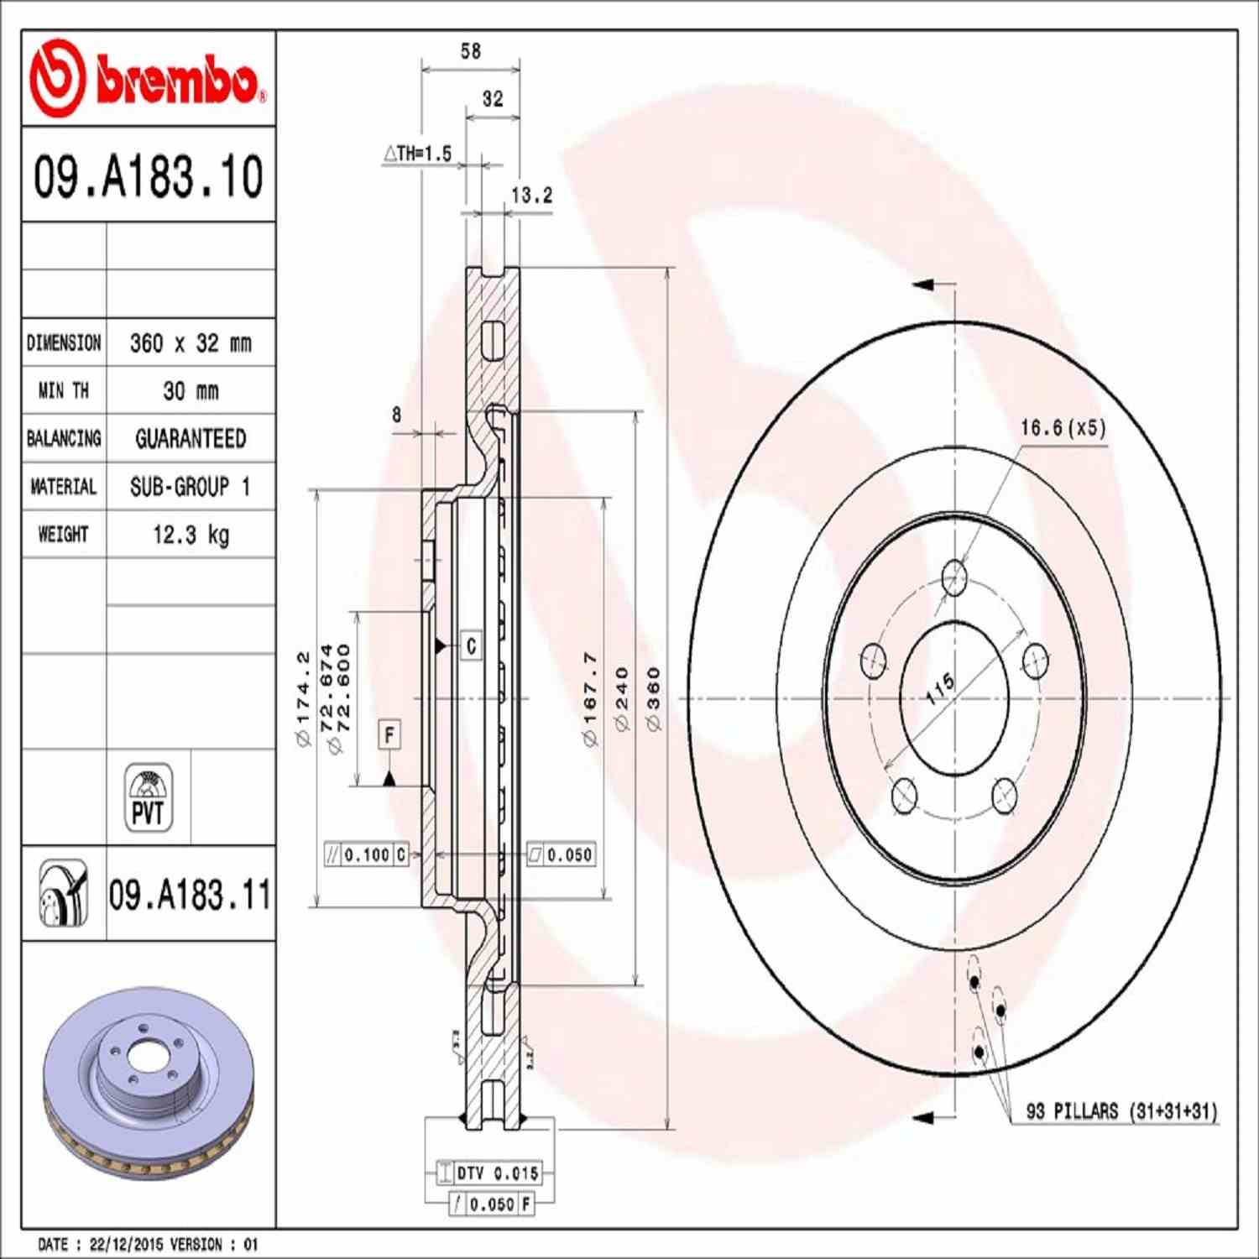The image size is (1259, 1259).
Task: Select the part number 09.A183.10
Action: tap(149, 177)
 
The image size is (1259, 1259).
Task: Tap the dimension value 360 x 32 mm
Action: tap(191, 343)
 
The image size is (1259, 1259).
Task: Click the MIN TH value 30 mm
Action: tap(191, 391)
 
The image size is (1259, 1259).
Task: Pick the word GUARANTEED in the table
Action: tap(191, 439)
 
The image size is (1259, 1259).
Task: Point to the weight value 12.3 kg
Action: tap(191, 535)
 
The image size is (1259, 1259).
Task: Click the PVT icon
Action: tap(149, 797)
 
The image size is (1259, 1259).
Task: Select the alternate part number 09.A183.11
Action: tap(190, 895)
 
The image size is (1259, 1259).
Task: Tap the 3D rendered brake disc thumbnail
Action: tap(149, 1083)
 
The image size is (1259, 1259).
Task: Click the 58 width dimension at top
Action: tap(471, 52)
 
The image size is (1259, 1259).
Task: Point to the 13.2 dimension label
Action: tap(532, 196)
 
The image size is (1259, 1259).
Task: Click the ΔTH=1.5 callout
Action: tap(418, 154)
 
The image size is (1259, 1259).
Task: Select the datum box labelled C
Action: tap(471, 645)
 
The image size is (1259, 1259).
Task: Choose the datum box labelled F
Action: tap(389, 735)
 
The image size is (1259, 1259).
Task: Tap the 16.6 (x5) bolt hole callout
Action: tap(1063, 428)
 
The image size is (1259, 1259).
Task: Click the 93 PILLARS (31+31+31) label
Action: tap(1121, 1111)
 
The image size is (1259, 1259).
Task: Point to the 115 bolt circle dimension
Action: tap(939, 688)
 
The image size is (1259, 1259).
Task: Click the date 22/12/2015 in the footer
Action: tap(126, 1244)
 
